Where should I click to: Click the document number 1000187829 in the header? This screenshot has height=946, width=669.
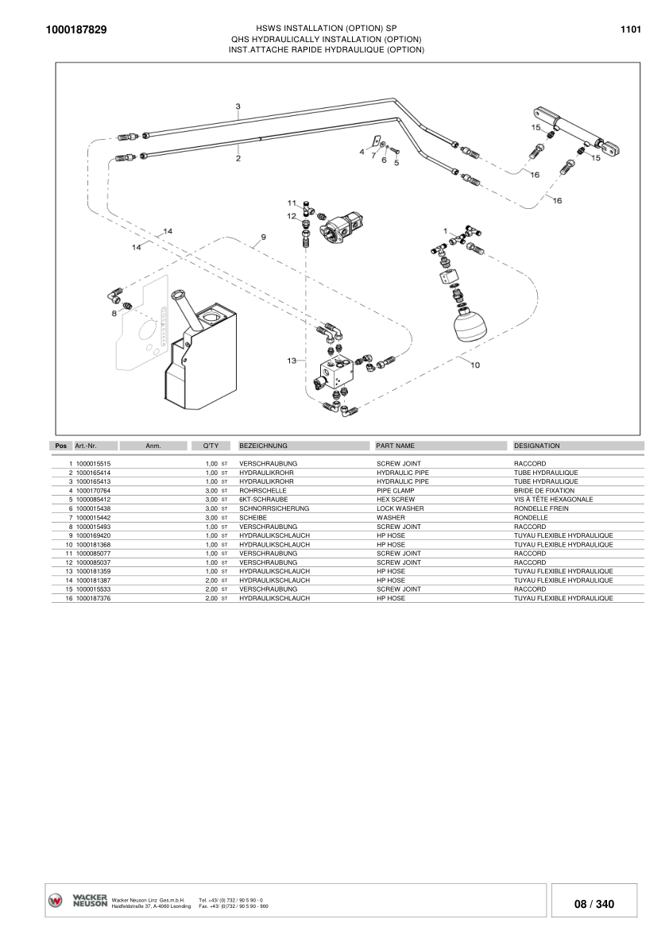coord(76,29)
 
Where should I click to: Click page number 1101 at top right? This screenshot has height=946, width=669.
coord(630,29)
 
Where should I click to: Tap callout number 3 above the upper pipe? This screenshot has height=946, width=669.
coord(238,106)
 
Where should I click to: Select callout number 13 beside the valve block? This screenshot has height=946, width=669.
coord(292,361)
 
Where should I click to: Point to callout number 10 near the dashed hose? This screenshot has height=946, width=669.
coord(475,365)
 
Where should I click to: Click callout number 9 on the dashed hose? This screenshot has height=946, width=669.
coord(263,237)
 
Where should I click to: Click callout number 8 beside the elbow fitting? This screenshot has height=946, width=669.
coord(114,313)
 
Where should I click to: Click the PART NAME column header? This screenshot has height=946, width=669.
coord(395,446)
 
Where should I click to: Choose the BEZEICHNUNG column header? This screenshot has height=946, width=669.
coord(263,446)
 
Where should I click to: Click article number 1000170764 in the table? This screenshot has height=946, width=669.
coord(94,491)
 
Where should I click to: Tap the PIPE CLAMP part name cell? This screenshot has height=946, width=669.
coord(395,491)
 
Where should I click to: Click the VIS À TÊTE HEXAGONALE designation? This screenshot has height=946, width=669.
coord(553,500)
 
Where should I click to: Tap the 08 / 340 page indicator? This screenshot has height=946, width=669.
coord(594,904)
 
